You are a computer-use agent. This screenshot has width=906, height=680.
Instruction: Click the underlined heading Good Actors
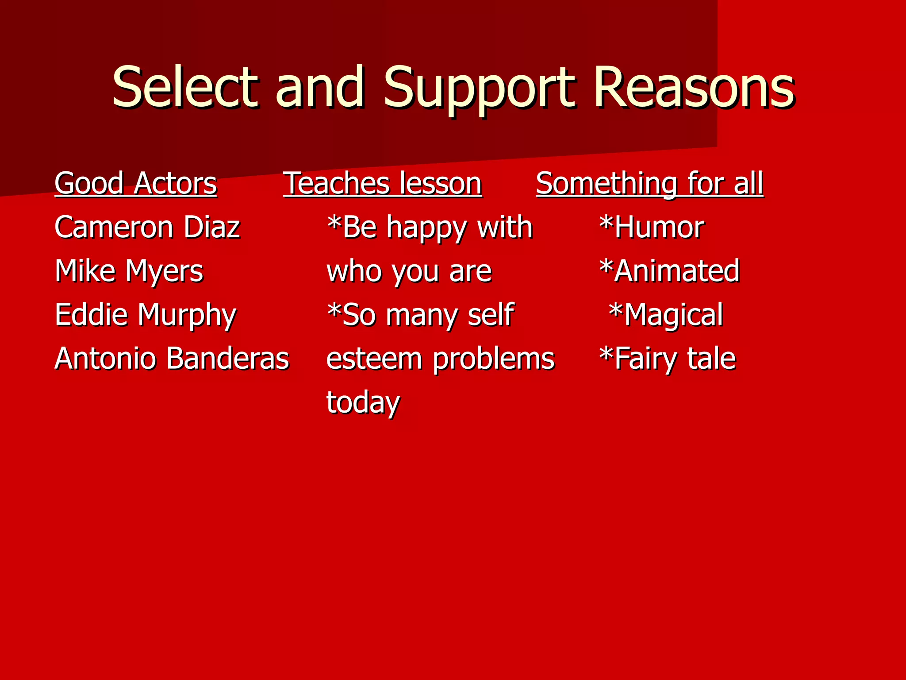[136, 183]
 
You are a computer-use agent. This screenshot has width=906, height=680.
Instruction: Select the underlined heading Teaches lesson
[383, 183]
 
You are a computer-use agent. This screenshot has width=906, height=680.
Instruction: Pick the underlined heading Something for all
[649, 183]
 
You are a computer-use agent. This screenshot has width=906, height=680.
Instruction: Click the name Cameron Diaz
[147, 227]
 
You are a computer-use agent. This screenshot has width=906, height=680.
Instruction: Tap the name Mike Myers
[129, 271]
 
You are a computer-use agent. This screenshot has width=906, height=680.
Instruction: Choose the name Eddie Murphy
[145, 315]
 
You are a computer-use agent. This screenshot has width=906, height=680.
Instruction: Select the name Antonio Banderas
[172, 358]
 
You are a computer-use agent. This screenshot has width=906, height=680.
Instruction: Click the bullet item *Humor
[651, 227]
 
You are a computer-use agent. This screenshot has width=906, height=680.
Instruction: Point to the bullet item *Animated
[669, 271]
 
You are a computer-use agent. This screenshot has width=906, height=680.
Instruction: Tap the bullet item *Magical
[666, 315]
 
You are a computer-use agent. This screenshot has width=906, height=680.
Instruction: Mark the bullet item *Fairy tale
[667, 358]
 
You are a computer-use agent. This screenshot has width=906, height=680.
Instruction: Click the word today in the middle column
[363, 402]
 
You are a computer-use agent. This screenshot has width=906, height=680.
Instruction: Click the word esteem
[374, 358]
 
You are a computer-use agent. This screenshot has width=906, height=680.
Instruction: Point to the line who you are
[409, 271]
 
